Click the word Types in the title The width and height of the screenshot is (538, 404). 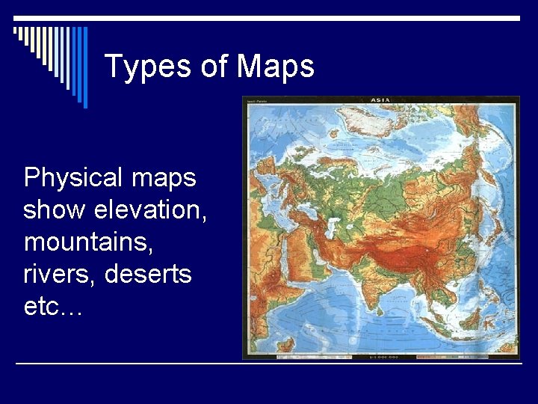[148, 67]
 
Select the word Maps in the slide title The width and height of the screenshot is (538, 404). [276, 67]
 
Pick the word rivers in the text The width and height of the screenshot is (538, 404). [60, 275]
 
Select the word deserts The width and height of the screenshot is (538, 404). [148, 275]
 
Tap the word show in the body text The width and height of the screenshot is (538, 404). [55, 210]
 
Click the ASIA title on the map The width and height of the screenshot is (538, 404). [382, 100]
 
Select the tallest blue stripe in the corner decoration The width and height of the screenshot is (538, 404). [84, 67]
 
